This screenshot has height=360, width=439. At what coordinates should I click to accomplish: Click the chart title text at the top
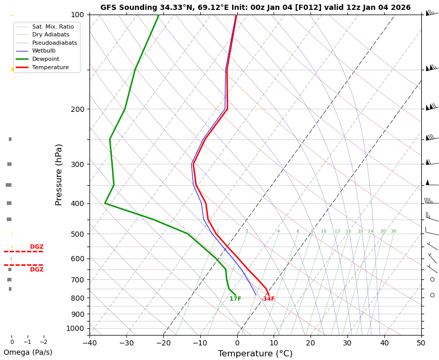255,8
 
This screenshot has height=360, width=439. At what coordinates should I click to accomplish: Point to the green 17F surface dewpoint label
235,299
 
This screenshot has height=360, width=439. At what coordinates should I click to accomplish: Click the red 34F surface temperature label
268,299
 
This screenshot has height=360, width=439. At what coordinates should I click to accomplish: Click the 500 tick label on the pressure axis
78,234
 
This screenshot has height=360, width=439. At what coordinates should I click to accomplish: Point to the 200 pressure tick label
78,109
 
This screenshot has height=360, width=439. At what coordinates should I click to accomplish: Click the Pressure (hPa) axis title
59,174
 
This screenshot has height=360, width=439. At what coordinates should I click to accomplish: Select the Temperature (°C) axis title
255,354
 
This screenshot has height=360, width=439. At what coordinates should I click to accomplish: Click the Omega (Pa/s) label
28,353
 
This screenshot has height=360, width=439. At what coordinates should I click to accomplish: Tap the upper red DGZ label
36,247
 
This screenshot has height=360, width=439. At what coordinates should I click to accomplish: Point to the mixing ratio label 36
393,232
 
